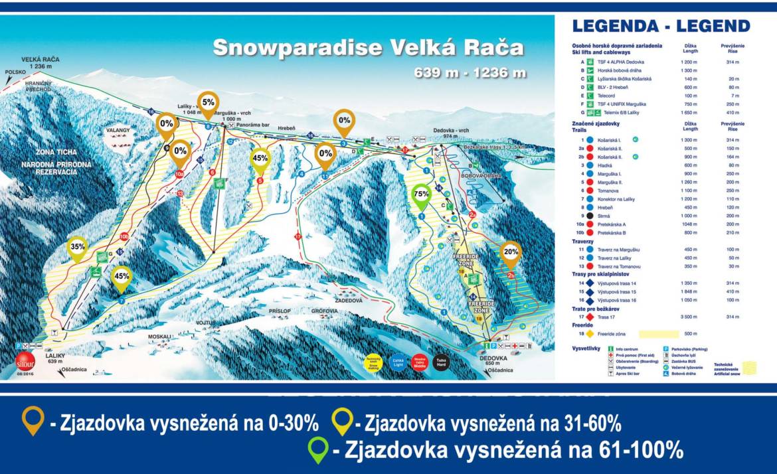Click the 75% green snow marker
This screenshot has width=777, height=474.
click(420, 195)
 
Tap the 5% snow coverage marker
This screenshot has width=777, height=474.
click(209, 103)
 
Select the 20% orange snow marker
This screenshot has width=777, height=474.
click(511, 253)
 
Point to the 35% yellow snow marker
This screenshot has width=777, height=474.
click(77, 247)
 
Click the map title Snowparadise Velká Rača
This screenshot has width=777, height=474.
click(368, 48)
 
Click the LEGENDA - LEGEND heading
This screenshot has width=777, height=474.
click(661, 27)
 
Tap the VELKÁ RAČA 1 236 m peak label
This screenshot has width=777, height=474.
click(40, 63)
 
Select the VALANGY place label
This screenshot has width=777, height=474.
click(117, 131)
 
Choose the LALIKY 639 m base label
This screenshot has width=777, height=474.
click(54, 359)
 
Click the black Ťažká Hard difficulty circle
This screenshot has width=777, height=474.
click(441, 362)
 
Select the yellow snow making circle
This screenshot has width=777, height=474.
click(374, 362)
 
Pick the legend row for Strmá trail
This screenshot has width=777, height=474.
click(604, 216)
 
